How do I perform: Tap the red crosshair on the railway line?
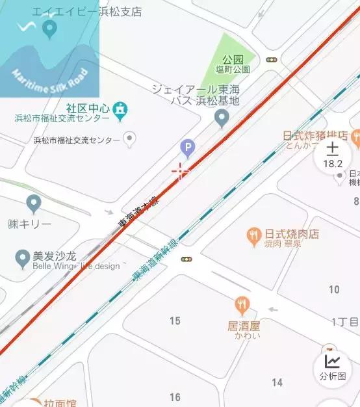click(180, 172)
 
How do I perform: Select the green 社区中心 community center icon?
click(119, 111)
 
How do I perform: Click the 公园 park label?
click(233, 60)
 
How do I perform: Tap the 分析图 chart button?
click(333, 367)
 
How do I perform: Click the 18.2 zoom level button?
click(333, 157)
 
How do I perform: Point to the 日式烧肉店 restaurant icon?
click(253, 235)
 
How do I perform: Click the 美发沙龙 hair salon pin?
click(22, 259)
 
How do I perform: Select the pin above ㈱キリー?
click(34, 203)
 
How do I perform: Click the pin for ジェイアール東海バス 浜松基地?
click(222, 118)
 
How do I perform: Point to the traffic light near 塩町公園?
click(272, 60)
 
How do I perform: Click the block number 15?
click(175, 321)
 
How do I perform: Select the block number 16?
click(175, 397)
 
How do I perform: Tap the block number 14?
click(277, 382)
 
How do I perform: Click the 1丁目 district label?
click(344, 322)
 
